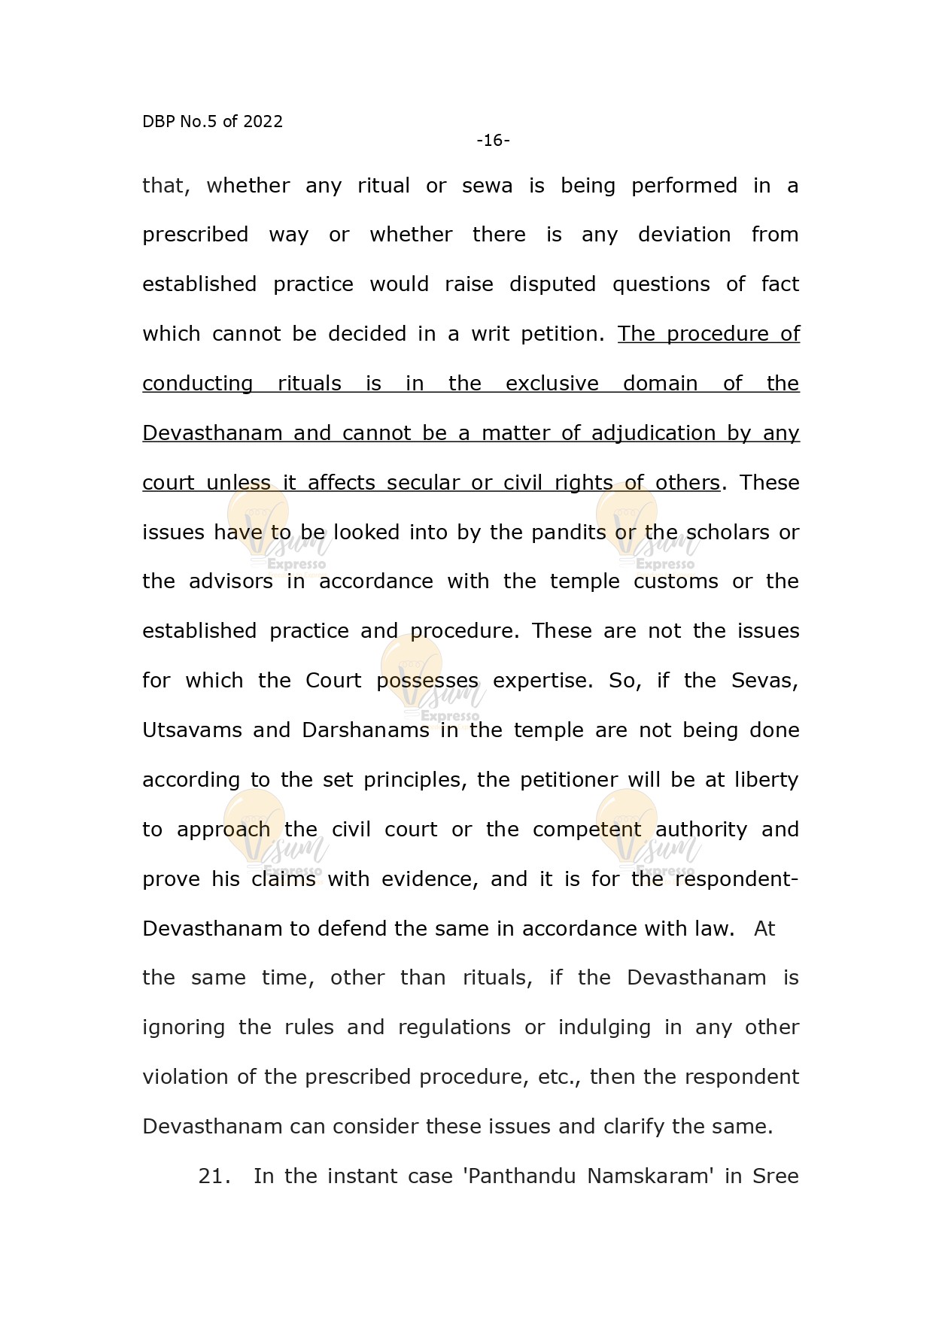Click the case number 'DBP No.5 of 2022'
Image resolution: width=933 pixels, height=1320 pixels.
click(x=212, y=122)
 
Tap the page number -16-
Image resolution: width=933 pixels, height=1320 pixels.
click(x=493, y=141)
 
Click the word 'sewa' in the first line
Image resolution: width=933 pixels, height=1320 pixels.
click(x=487, y=186)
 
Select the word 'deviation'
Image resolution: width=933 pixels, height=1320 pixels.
click(x=684, y=235)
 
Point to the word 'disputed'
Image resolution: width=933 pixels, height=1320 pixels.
click(x=552, y=284)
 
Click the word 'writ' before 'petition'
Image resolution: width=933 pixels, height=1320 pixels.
click(x=490, y=334)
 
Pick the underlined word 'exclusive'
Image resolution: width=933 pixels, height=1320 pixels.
click(x=552, y=384)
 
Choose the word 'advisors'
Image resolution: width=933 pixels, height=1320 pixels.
click(x=231, y=581)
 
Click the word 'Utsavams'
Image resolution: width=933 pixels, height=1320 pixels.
click(x=191, y=730)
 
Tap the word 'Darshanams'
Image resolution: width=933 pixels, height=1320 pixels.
click(x=365, y=730)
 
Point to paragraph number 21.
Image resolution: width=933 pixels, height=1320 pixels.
click(x=214, y=1176)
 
